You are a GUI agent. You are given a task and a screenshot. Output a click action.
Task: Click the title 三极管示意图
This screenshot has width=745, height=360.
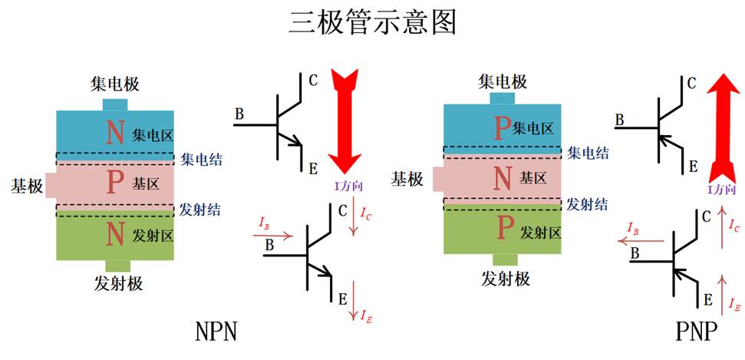(x=373, y=23)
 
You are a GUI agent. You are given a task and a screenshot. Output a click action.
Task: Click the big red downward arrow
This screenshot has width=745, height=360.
(x=344, y=119)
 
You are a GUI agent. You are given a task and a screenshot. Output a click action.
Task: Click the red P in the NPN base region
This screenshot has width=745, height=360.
(x=115, y=182)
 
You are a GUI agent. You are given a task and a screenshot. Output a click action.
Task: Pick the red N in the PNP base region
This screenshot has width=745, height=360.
(x=503, y=178)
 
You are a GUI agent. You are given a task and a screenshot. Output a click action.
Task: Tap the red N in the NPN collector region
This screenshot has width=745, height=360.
(x=115, y=133)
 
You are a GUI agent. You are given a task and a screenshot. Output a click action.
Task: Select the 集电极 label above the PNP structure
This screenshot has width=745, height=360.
(x=503, y=81)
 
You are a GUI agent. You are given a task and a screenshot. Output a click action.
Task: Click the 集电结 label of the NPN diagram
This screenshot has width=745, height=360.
(x=202, y=160)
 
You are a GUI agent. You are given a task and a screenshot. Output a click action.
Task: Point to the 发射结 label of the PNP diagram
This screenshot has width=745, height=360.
(x=588, y=204)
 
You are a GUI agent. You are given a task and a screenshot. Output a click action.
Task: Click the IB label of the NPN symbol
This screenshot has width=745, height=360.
(x=265, y=225)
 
